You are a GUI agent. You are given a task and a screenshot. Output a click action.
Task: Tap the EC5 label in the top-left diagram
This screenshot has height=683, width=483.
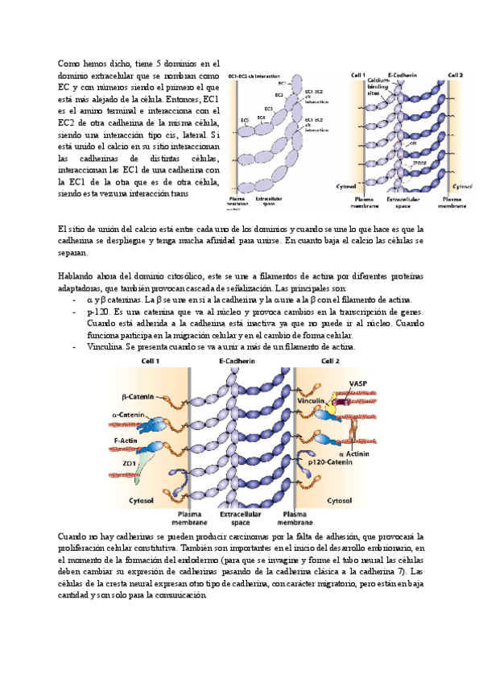245,120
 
